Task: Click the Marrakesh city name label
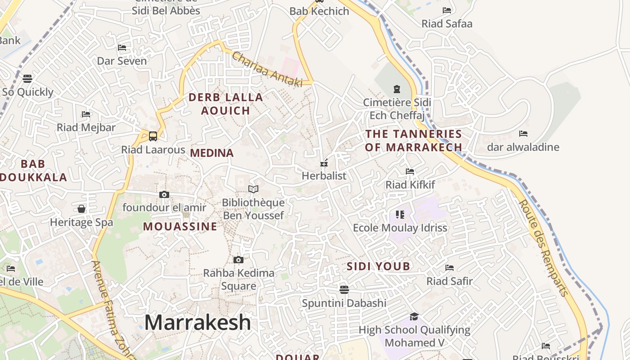coord(198,322)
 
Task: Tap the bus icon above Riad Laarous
coord(153,136)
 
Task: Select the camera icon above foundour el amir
coord(164,194)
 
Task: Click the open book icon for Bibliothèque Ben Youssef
coord(253,189)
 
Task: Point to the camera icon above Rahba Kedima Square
coord(238,260)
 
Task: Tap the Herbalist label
coord(324,176)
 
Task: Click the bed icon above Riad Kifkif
coord(410,171)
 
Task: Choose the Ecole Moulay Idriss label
coord(400,228)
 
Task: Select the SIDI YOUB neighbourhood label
coord(378,266)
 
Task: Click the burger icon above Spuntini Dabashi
coord(344,289)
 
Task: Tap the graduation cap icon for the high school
coord(414,316)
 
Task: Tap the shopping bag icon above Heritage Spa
coord(81,209)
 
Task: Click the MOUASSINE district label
coord(180,226)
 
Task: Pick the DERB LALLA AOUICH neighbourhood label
coord(225,103)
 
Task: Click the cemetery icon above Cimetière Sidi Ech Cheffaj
coord(397,89)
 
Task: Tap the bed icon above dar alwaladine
coord(523,134)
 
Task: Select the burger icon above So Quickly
coord(27,79)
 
